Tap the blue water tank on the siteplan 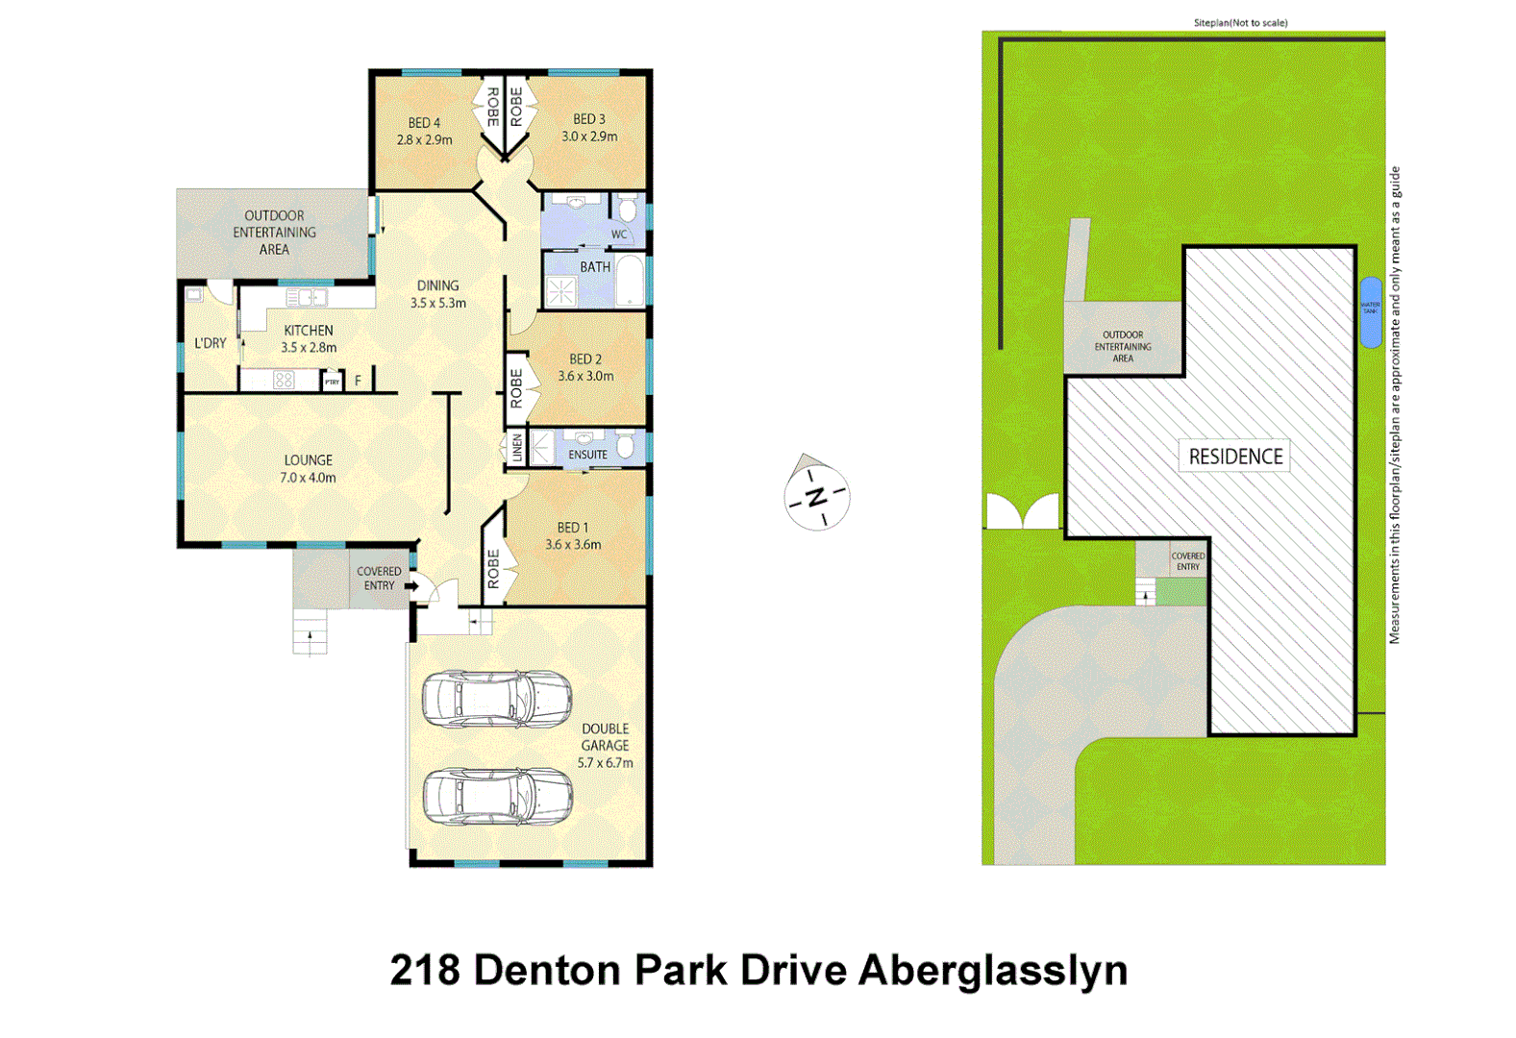click(x=1370, y=312)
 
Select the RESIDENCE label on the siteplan click(x=1235, y=457)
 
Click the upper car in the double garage click(x=497, y=699)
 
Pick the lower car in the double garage click(x=497, y=796)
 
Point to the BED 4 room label click(x=424, y=123)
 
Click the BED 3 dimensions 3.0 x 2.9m click(x=589, y=136)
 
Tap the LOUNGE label click(x=308, y=460)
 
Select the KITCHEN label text click(x=308, y=331)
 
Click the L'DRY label click(x=211, y=343)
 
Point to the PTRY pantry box click(x=332, y=382)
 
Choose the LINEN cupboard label click(x=516, y=449)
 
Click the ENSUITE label click(x=587, y=455)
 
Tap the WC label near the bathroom click(x=619, y=235)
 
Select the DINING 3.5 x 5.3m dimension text click(x=437, y=303)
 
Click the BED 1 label click(x=572, y=528)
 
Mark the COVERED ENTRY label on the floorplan click(x=379, y=578)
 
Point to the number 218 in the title click(x=425, y=970)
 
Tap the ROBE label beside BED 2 click(x=516, y=388)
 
